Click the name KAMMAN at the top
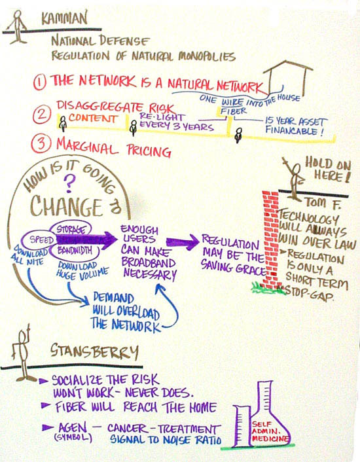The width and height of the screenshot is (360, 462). [x=64, y=18]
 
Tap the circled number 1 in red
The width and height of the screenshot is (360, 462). [x=39, y=82]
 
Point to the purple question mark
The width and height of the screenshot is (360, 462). [x=69, y=183]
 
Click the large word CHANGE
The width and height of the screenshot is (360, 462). [x=66, y=205]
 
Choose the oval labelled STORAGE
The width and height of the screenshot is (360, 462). [x=71, y=229]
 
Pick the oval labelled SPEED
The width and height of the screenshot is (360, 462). [x=39, y=240]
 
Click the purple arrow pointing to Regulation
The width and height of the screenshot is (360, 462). [x=183, y=242]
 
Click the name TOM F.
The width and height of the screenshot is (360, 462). [x=322, y=204]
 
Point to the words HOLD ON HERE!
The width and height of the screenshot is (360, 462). [x=328, y=169]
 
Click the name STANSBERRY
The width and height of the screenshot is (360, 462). [x=94, y=351]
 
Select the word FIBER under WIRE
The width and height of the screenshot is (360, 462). [x=234, y=111]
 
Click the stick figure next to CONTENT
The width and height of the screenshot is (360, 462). [x=63, y=124]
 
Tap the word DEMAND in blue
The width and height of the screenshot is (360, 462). [x=113, y=298]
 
